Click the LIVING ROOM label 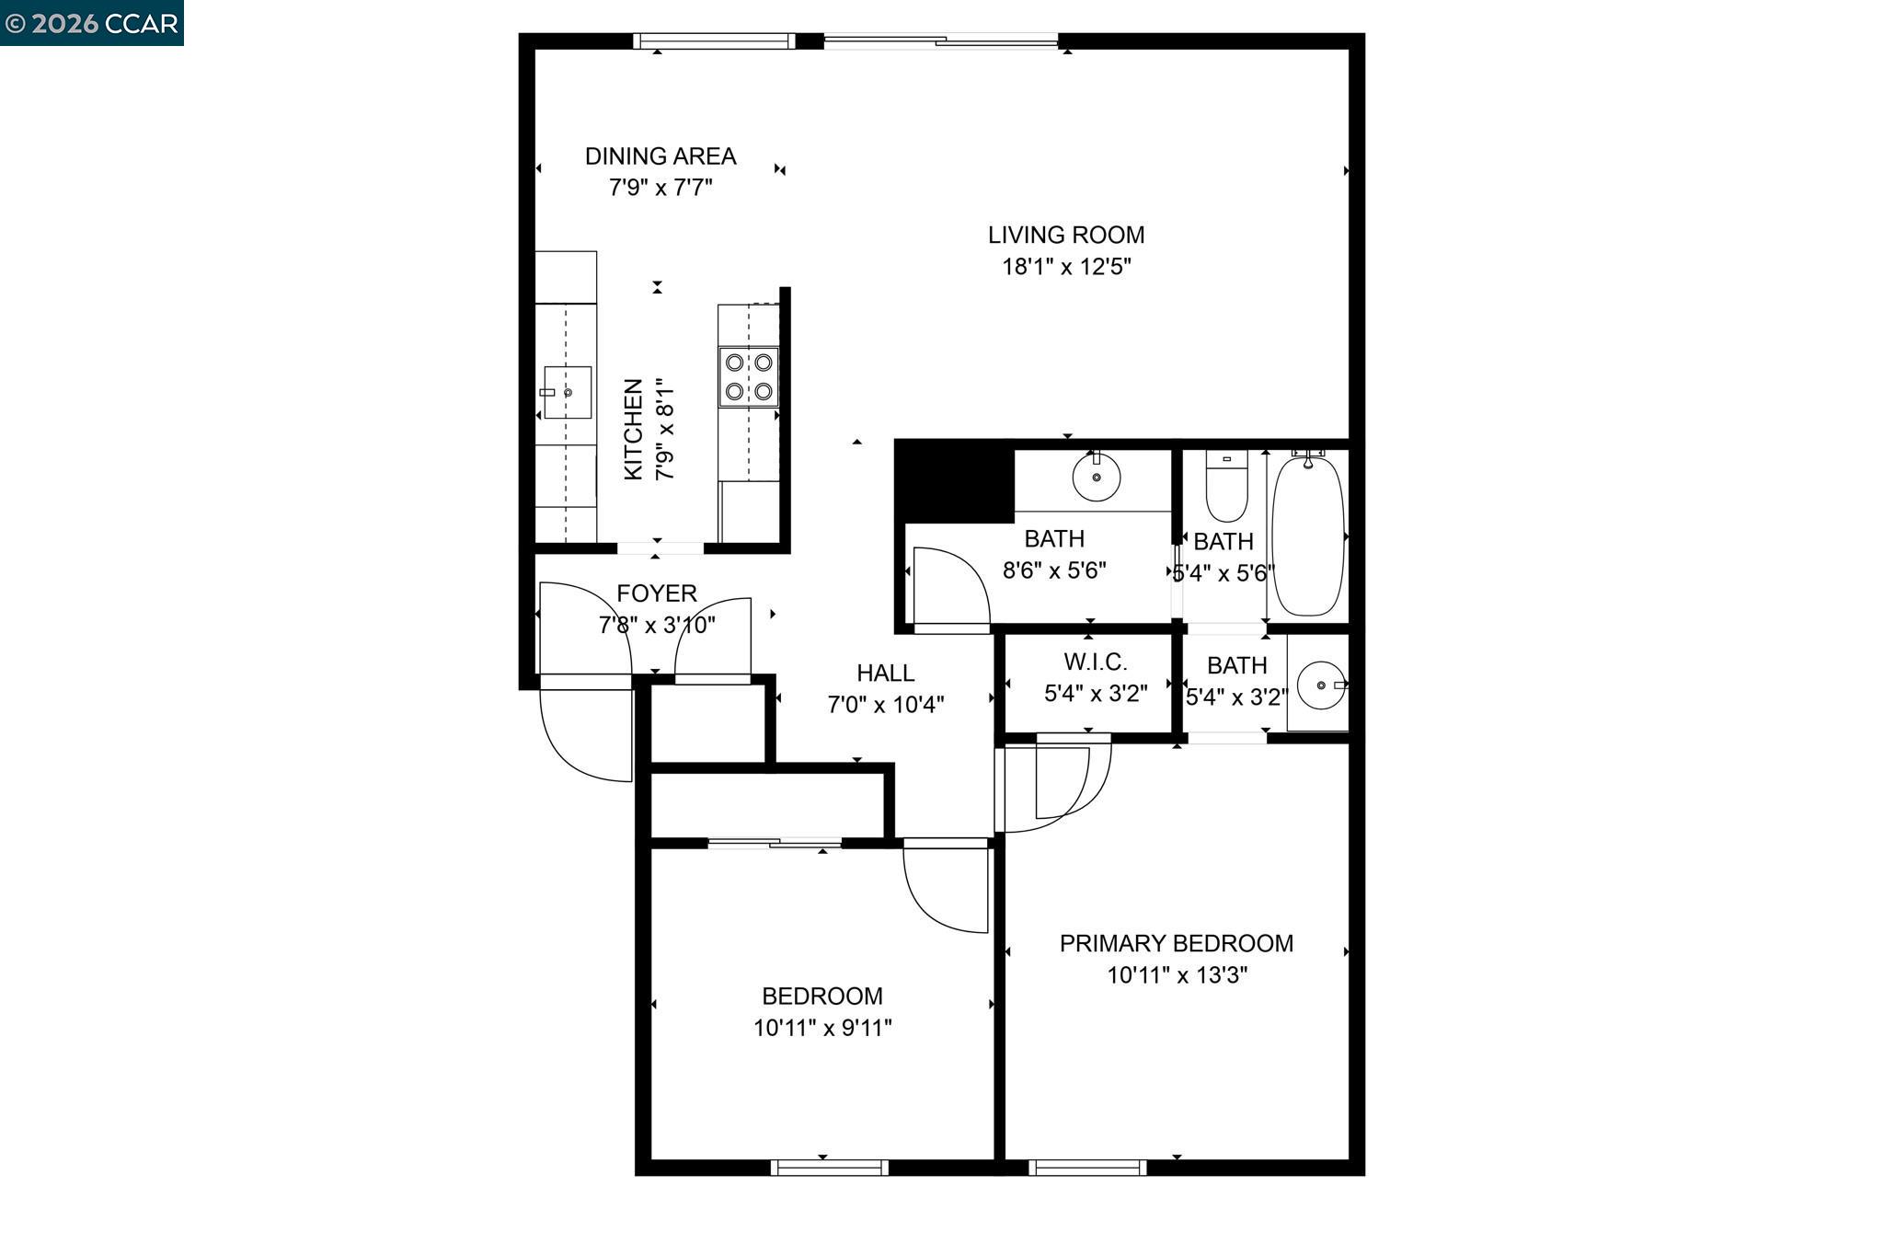[1065, 236]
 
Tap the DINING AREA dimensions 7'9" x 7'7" [661, 188]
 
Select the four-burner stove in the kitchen [748, 376]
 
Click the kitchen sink [567, 392]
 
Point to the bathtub [1307, 536]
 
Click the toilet [1226, 488]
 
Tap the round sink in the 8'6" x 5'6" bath [1097, 477]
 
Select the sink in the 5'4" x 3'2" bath [1321, 685]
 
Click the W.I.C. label [1095, 662]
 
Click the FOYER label [656, 593]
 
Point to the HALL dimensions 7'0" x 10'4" [885, 705]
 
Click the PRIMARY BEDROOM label [1176, 943]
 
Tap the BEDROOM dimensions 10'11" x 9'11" [822, 1028]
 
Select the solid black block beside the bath [954, 481]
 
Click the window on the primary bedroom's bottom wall [1087, 1168]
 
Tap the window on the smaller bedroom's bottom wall [829, 1168]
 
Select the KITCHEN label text [633, 429]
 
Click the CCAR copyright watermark [91, 23]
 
